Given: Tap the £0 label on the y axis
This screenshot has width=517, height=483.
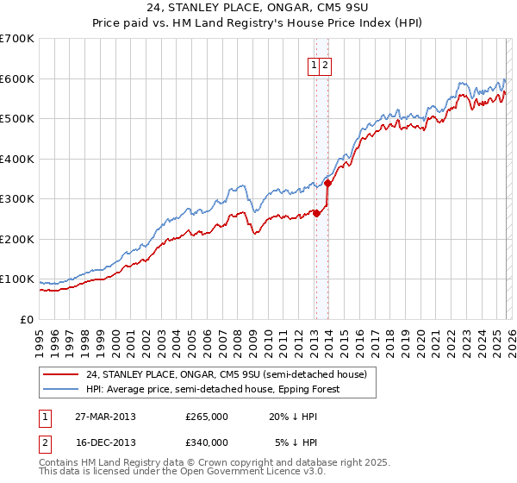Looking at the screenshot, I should tap(28, 320).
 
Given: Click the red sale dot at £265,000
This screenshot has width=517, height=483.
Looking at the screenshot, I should tap(316, 213).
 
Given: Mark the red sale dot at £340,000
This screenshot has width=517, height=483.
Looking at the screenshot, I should tap(327, 183).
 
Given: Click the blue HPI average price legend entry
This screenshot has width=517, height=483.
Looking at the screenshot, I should tap(213, 389).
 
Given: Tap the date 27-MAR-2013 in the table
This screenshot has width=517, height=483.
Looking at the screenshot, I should tap(105, 417).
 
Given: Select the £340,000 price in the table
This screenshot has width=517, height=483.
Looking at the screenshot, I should tap(207, 442).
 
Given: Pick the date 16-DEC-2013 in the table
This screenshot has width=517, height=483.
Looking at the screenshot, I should tap(105, 442).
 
